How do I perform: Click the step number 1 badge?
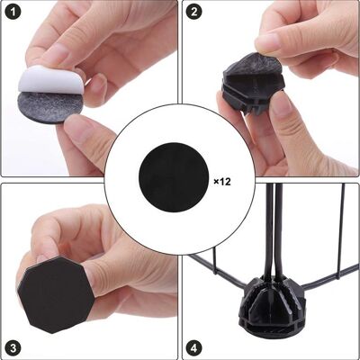(x=13, y=12)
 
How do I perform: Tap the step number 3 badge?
(x=13, y=348)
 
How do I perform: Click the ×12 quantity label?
(x=222, y=182)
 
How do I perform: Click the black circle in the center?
(x=174, y=177)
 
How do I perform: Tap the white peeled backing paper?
(x=48, y=80)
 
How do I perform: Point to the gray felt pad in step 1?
(x=48, y=107)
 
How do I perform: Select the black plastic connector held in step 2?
(x=251, y=86)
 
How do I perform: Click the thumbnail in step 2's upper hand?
(x=267, y=43)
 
